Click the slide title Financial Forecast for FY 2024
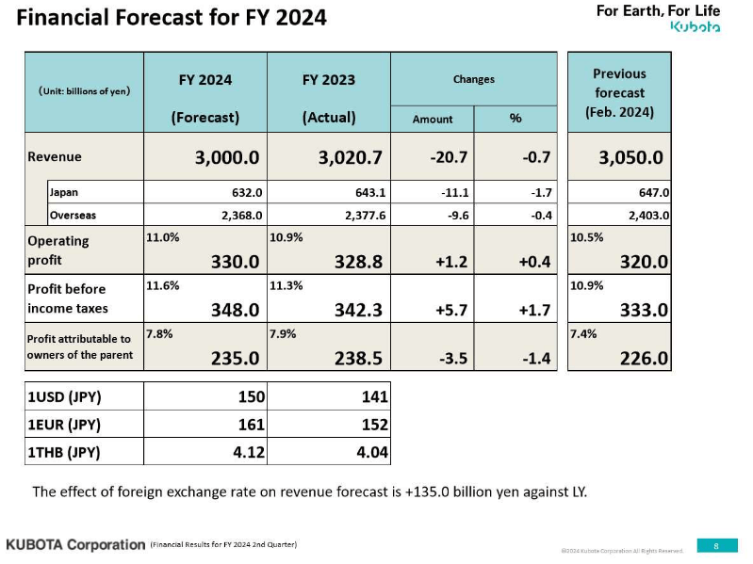pyautogui.click(x=172, y=17)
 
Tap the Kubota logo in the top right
pyautogui.click(x=695, y=26)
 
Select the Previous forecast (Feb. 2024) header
pyautogui.click(x=619, y=92)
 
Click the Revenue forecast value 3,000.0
pyautogui.click(x=226, y=157)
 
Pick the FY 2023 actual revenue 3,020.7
pyautogui.click(x=350, y=157)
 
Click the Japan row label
pyautogui.click(x=64, y=192)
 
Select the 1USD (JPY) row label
pyautogui.click(x=62, y=397)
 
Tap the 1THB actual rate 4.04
pyautogui.click(x=370, y=452)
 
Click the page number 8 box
pyautogui.click(x=716, y=545)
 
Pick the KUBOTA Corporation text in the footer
pyautogui.click(x=75, y=544)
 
